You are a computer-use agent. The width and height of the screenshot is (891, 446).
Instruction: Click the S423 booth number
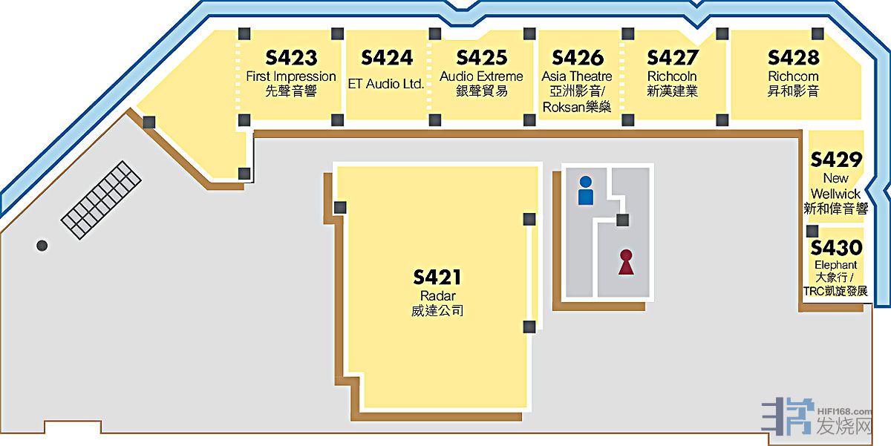point(291,58)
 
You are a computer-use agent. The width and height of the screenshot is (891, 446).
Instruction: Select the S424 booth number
point(386,58)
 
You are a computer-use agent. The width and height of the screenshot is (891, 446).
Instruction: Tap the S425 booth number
point(481,58)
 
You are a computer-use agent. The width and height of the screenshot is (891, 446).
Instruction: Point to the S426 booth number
point(578,58)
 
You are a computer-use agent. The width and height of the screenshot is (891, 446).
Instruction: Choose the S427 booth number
point(673,58)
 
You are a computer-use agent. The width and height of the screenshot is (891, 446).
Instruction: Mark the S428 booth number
point(794,58)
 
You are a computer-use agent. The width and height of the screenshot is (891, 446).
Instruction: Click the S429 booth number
point(836,160)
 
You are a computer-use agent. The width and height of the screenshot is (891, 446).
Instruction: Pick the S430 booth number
point(836,247)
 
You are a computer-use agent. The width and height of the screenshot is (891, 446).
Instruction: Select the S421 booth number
point(437,278)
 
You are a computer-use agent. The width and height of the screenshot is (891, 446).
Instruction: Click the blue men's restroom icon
point(586,191)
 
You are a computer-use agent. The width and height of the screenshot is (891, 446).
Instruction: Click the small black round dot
point(42,246)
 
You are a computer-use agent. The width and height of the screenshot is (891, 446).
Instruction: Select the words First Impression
point(291,76)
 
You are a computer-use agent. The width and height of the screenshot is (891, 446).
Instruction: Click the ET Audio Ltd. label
point(386,84)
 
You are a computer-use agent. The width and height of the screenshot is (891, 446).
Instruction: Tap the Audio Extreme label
point(481,76)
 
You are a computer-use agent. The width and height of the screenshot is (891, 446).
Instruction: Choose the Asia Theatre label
point(577,76)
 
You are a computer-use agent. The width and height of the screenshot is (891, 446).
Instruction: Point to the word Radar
point(437,296)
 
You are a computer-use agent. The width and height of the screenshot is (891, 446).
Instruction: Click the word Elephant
point(836,265)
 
